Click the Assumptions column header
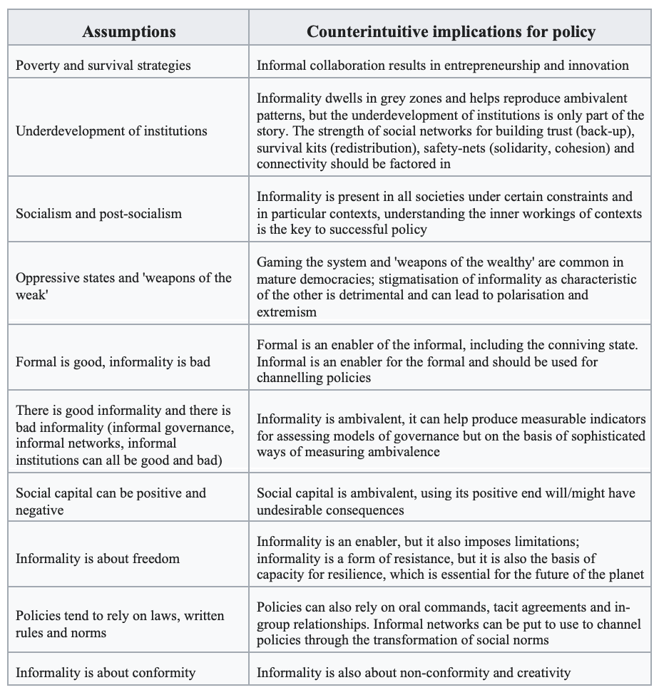[129, 31]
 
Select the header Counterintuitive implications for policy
[451, 31]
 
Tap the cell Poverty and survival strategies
[103, 65]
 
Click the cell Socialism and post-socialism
[99, 213]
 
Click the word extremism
[288, 311]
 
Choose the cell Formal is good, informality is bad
[113, 361]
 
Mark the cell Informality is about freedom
[98, 558]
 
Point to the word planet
[625, 575]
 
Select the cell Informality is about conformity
[106, 672]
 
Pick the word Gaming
[280, 262]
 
